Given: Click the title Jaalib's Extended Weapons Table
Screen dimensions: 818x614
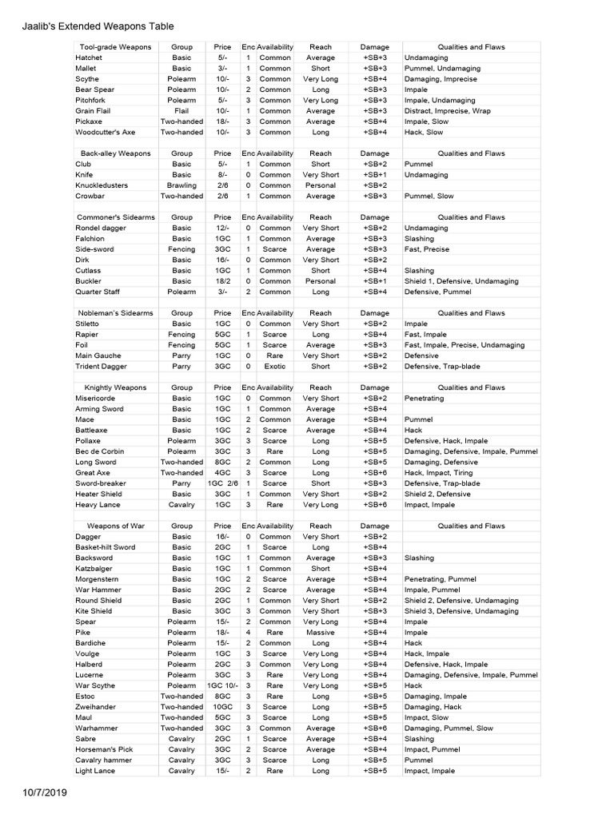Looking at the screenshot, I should coord(97,27).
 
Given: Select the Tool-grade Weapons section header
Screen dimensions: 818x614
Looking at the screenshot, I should coord(116,47).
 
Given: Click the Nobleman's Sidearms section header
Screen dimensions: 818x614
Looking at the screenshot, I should coord(116,313).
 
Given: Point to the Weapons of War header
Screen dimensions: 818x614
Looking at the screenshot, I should coord(116,526).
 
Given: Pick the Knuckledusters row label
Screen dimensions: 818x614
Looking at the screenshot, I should coord(102,185).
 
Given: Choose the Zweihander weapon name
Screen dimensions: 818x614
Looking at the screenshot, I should coord(96,707).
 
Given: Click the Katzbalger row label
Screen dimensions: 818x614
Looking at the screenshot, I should coord(94,569).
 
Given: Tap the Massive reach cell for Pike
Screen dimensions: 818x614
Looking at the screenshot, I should coord(321,633).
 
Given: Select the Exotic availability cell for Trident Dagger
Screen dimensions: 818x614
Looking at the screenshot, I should coord(275,367).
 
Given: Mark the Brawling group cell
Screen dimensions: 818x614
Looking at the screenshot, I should coord(181,185).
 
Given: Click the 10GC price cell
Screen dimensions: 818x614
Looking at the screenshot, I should coord(223,707).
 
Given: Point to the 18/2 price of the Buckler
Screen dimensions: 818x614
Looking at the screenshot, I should coord(223,281).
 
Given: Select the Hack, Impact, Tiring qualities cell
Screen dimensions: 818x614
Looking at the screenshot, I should coord(439,473).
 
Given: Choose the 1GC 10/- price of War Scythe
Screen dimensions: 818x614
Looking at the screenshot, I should coord(223,685).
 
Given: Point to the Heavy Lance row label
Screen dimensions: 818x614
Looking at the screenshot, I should coord(98,505).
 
